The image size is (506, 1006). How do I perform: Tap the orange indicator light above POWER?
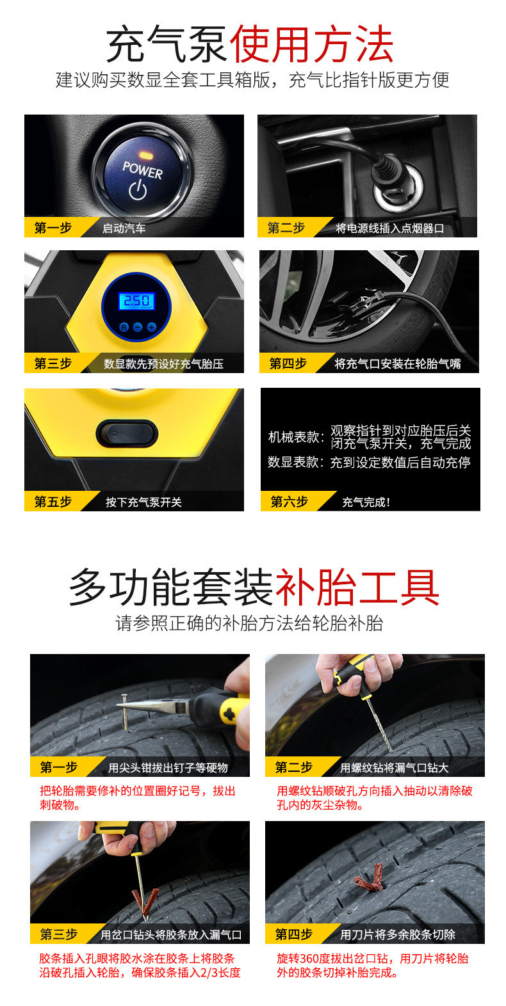coord(144,156)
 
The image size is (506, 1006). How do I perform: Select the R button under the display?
coord(124,326)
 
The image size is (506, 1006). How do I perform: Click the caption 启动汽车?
coord(124,228)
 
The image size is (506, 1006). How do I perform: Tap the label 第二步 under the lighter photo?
coord(286,228)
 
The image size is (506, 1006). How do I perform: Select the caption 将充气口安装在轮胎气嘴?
coord(397,364)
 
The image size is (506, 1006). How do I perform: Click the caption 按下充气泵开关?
coord(143,502)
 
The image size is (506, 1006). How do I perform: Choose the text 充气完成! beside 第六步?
coord(366,502)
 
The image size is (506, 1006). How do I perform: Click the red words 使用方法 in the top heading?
coord(311,45)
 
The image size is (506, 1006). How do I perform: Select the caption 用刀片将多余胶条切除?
coord(398,935)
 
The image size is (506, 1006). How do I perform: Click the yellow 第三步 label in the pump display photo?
coord(53,364)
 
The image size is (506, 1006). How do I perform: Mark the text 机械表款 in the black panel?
coord(295,437)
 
